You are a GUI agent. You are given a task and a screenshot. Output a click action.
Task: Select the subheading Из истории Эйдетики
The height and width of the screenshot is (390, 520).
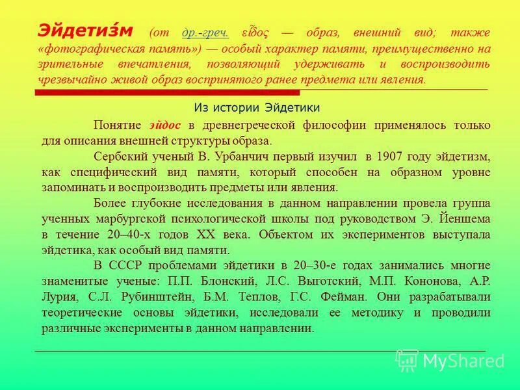(257, 107)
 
